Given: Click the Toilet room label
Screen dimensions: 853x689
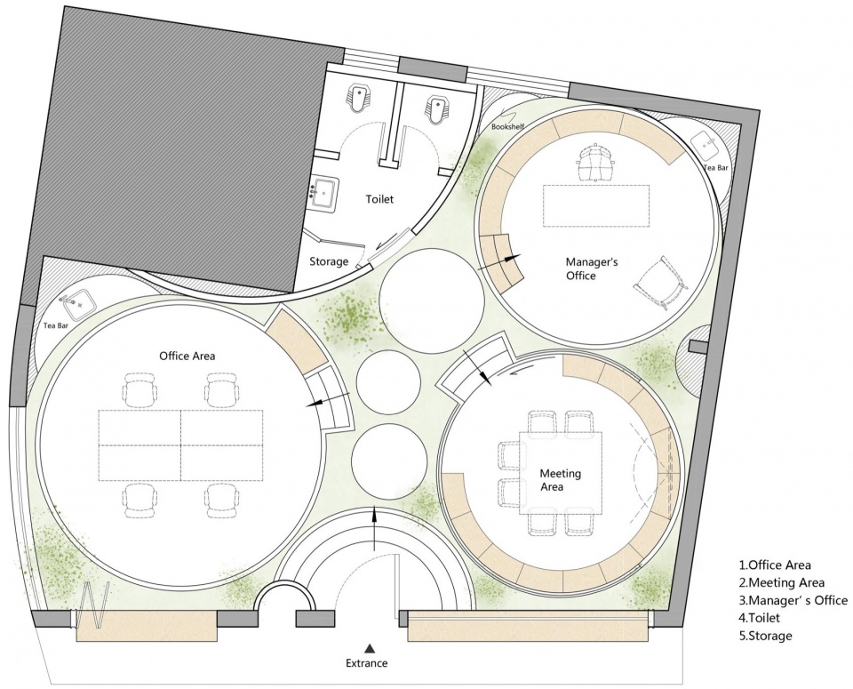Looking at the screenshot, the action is (x=379, y=199).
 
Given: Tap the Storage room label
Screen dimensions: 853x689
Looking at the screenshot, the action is (x=329, y=261).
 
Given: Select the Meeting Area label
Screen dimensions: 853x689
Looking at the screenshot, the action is (x=560, y=480).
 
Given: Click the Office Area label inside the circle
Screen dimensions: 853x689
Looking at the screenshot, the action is (x=187, y=356).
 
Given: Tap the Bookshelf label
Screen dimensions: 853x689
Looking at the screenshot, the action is (x=507, y=127).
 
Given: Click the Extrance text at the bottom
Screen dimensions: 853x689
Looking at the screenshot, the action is (x=367, y=663).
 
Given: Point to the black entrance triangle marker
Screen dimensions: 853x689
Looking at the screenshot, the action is (x=370, y=647).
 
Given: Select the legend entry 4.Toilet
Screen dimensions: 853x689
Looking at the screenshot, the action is (x=759, y=618).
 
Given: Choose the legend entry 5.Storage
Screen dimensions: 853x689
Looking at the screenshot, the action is (x=765, y=635).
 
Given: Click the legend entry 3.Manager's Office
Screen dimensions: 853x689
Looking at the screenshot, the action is (x=793, y=600).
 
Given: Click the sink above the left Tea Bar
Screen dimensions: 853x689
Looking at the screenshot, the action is (x=78, y=304).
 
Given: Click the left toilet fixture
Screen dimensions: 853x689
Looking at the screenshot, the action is (x=358, y=98).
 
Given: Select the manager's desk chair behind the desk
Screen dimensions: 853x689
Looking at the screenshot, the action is (x=595, y=162).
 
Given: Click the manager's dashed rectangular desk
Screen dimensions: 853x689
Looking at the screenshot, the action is (x=596, y=205).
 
